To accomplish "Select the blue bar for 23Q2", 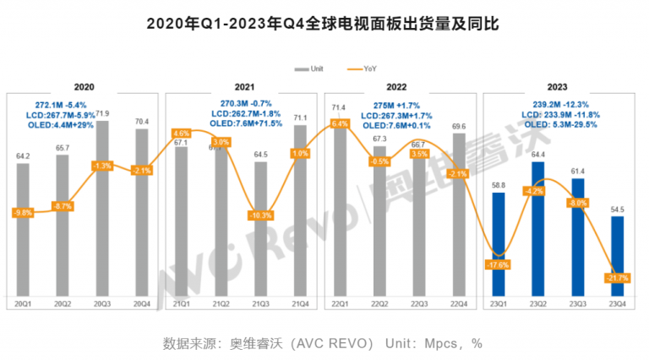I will (x=538, y=228).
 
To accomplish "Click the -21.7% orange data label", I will (x=618, y=277).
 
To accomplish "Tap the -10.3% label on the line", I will (x=261, y=215).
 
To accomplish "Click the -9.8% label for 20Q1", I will (x=23, y=212).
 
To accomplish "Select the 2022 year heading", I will (x=398, y=87).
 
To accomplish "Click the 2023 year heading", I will (x=556, y=87).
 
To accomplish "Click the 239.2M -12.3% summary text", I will (x=556, y=104).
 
